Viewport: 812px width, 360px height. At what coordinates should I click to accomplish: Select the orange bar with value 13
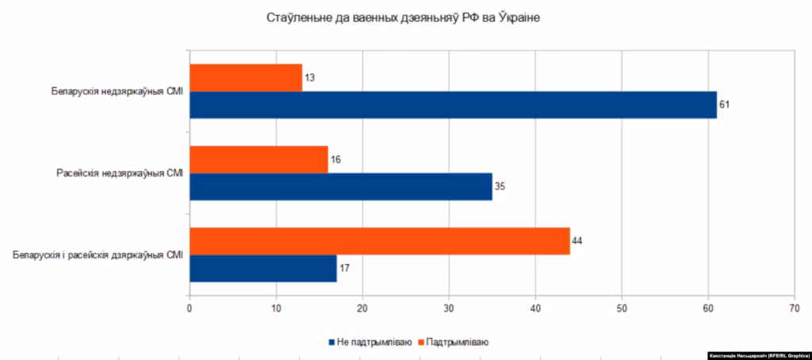(x=246, y=77)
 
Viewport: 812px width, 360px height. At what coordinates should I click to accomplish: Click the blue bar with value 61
(x=453, y=105)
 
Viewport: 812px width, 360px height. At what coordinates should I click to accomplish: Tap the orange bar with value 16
(x=259, y=159)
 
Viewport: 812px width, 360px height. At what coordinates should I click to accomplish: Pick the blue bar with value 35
(x=341, y=186)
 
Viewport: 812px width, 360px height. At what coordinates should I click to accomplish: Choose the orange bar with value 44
(x=380, y=240)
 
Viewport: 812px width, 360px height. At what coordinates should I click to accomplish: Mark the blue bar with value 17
(x=263, y=268)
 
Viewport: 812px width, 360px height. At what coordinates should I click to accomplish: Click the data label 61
(x=724, y=105)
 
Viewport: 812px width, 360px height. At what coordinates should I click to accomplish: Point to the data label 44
(x=577, y=240)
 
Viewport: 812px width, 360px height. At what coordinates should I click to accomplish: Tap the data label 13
(x=309, y=78)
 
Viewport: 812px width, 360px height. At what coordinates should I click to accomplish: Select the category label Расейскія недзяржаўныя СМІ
(x=120, y=173)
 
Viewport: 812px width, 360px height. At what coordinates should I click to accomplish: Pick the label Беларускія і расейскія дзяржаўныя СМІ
(x=99, y=255)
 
